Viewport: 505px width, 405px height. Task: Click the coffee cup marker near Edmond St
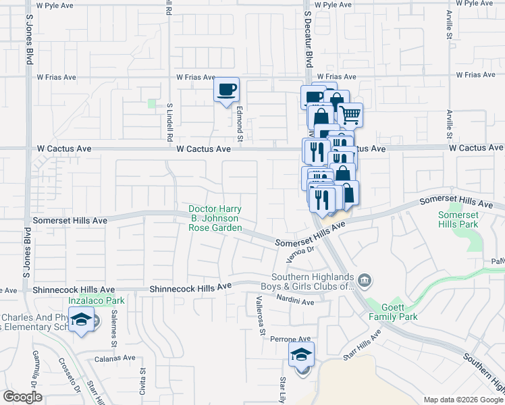tap(227, 89)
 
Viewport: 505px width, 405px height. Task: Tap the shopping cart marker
tap(350, 115)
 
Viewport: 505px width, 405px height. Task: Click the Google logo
tap(23, 397)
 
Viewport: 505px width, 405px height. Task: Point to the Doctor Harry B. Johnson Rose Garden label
tap(215, 219)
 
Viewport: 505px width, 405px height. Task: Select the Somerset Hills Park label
tap(458, 219)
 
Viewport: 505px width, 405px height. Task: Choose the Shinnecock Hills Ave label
tap(190, 287)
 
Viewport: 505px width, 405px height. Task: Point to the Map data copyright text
tap(462, 400)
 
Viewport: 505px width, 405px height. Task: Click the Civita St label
tap(142, 381)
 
